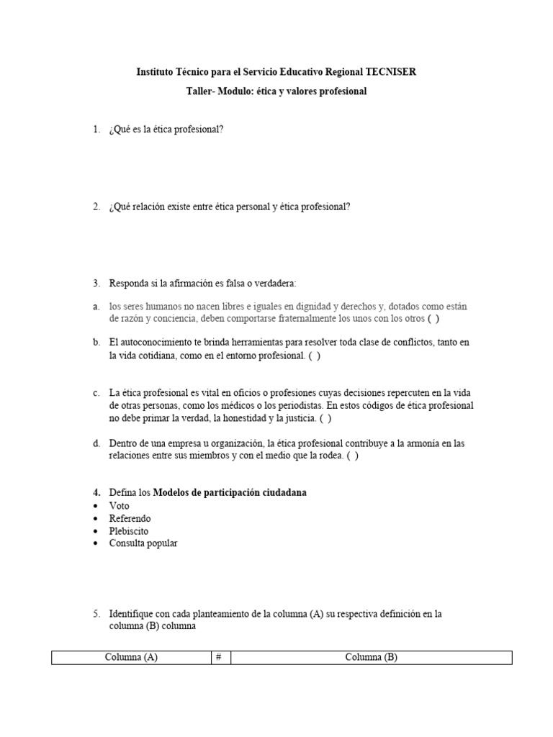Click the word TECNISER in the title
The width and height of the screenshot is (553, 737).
(391, 72)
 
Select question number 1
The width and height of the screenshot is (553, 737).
(96, 130)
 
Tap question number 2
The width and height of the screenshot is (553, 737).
(96, 207)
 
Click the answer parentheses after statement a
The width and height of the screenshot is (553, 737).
(433, 318)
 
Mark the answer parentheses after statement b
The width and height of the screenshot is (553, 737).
(315, 355)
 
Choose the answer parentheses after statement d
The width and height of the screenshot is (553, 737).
(352, 455)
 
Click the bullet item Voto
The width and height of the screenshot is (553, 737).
(120, 506)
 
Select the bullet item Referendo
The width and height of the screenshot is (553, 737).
(130, 518)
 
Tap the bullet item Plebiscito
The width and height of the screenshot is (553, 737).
(129, 531)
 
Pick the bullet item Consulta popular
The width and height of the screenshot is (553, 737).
(143, 543)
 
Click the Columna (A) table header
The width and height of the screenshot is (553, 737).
(131, 657)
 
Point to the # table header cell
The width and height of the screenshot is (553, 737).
(218, 657)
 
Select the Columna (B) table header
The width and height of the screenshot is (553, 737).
(371, 657)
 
